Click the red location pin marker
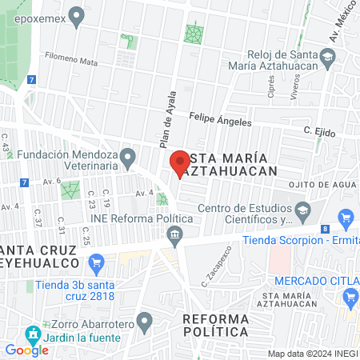click(179, 163)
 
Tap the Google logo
click(26, 350)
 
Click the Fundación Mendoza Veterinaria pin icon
click(128, 154)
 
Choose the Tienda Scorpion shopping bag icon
click(346, 217)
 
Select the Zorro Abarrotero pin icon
click(144, 322)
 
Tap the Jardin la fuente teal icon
click(32, 334)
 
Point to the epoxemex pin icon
click(77, 14)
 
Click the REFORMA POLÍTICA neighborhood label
click(215, 325)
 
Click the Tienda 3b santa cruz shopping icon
click(97, 262)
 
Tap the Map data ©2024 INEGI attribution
click(312, 353)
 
